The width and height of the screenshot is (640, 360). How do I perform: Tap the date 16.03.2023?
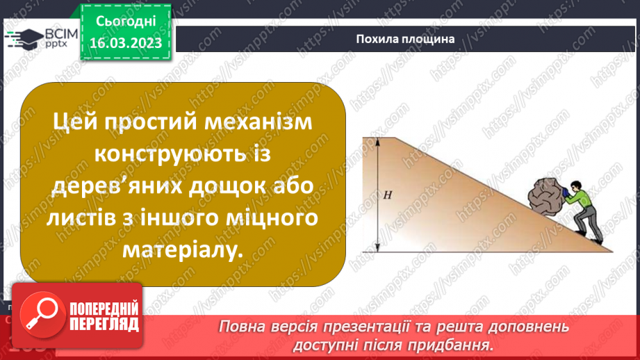coord(126,44)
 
